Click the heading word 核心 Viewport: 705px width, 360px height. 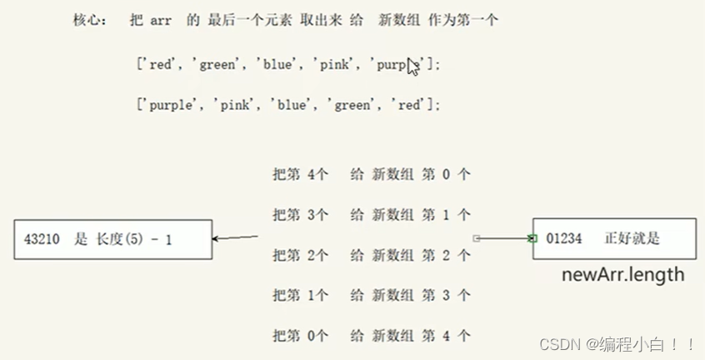89,21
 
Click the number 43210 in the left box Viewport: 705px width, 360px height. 42,240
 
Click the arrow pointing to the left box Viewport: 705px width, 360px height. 235,238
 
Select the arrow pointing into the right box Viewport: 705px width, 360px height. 504,238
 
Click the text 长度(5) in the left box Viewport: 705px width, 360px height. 122,240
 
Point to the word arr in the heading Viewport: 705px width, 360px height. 161,21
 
